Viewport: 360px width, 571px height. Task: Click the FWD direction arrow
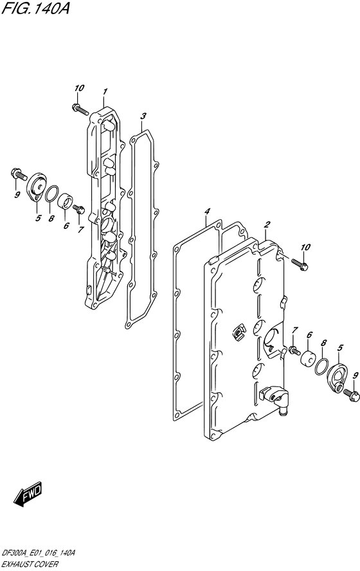click(28, 494)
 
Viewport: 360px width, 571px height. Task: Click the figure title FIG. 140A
click(35, 8)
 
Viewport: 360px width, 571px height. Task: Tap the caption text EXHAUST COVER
click(30, 564)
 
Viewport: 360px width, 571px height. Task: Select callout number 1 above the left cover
click(105, 91)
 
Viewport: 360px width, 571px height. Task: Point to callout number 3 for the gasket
click(143, 116)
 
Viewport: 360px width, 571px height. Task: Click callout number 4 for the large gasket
click(207, 211)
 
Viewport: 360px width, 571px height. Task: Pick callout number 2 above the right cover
click(267, 224)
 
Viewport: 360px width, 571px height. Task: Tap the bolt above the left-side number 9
click(19, 175)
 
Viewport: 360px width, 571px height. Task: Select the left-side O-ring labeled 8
click(52, 194)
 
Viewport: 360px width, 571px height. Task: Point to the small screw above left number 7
click(79, 209)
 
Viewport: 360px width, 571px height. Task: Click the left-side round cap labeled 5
click(37, 187)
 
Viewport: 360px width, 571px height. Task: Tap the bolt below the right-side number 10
click(300, 264)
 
